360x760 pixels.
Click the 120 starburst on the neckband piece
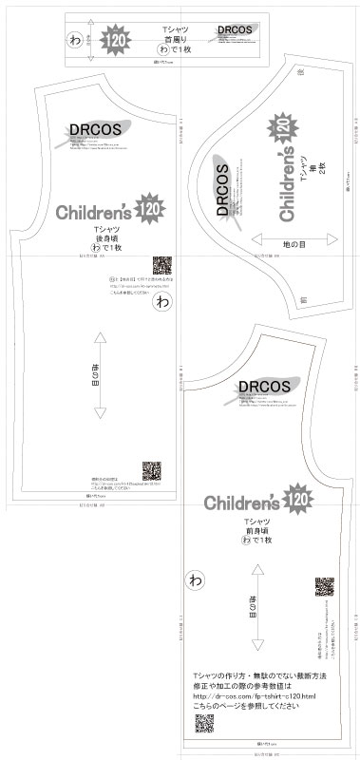[118, 41]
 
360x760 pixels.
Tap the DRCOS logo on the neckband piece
[234, 30]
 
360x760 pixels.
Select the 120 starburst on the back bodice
[148, 210]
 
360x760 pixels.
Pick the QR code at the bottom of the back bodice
[152, 471]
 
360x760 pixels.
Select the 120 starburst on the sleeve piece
[281, 126]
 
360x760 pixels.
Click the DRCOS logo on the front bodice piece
[258, 388]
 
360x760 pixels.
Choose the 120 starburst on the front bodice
[296, 499]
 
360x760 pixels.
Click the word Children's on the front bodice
[243, 501]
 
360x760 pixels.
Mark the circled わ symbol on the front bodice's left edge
[197, 578]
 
